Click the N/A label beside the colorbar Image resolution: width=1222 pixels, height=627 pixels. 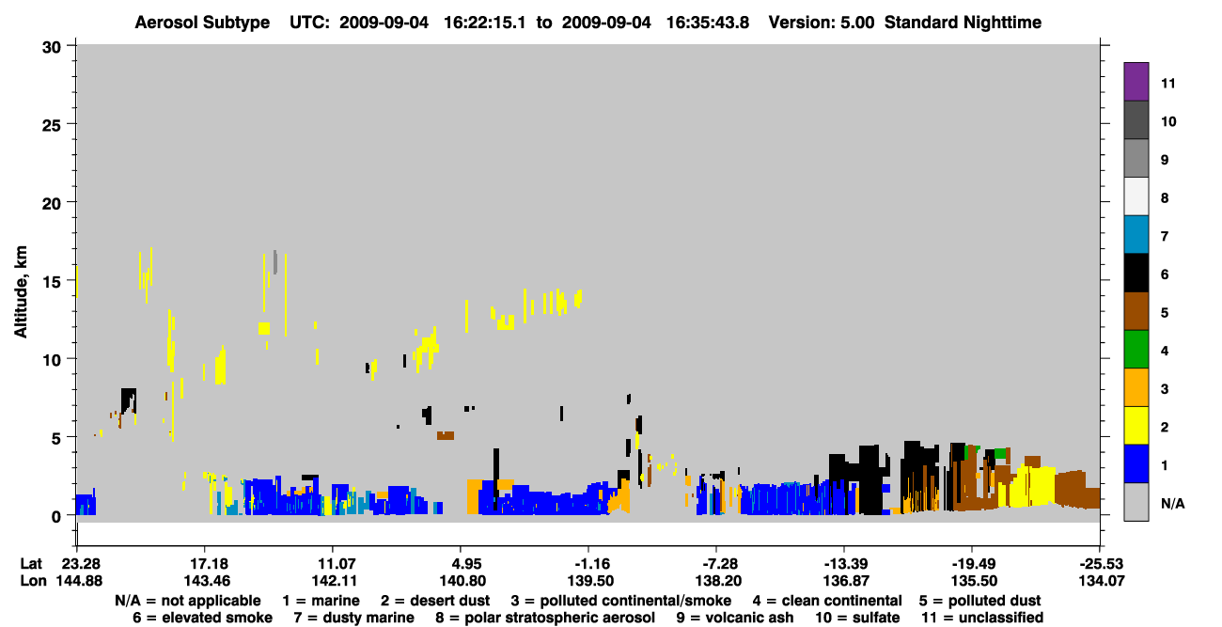pos(1172,503)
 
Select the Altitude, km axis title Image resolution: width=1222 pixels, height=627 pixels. pos(20,291)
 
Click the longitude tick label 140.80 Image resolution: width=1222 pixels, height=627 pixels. pos(462,581)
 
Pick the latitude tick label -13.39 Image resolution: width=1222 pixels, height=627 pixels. pos(845,563)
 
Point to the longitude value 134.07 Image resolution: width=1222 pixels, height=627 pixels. pos(1102,581)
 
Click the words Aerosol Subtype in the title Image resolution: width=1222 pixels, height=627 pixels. pos(202,23)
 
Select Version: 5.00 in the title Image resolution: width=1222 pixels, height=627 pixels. pos(822,23)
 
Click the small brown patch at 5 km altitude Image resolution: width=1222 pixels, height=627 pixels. pos(446,435)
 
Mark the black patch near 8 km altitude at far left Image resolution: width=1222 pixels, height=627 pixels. pos(129,400)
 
